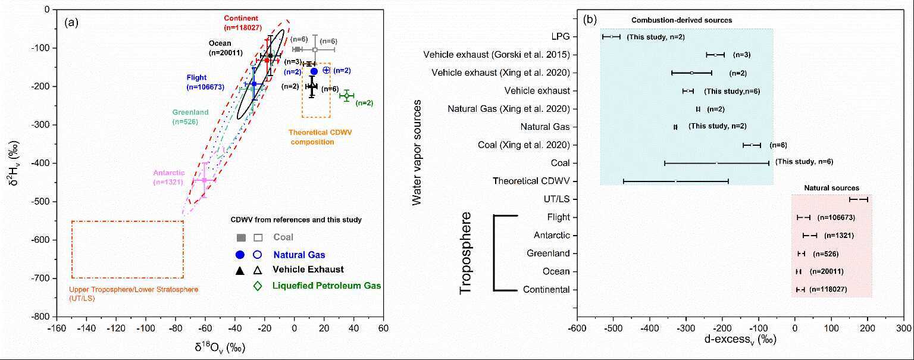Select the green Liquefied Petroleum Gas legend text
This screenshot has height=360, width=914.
[x=327, y=286]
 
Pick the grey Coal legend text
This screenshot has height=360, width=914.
[x=283, y=237]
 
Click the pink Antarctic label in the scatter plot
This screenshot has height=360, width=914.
[x=169, y=177]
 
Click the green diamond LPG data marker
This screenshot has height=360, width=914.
[x=346, y=95]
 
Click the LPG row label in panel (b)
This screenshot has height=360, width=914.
[x=561, y=37]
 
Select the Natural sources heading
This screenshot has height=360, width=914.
[x=831, y=188]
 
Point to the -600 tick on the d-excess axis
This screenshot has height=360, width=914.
[x=577, y=328]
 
